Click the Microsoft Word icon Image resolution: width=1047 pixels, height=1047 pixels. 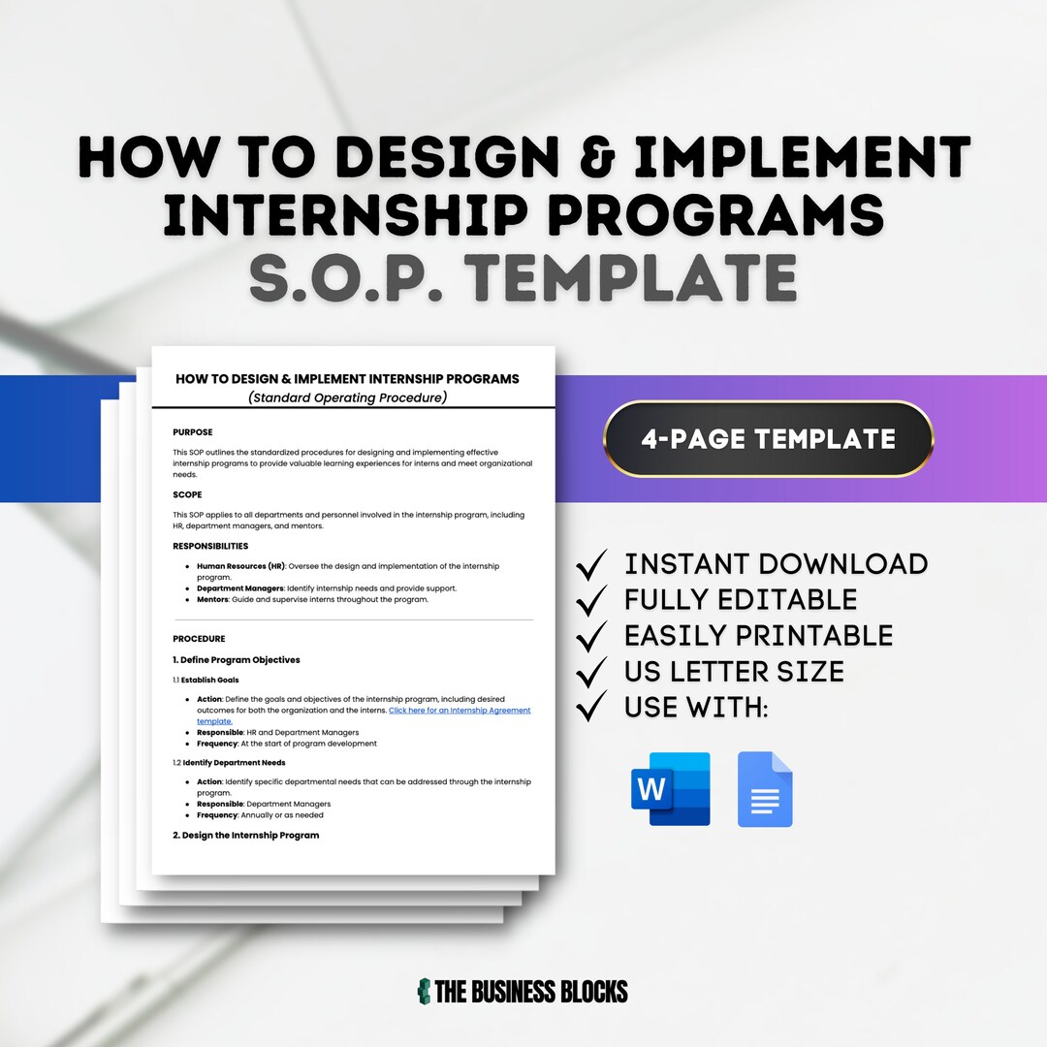click(x=671, y=788)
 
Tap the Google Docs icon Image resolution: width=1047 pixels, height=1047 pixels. click(x=765, y=789)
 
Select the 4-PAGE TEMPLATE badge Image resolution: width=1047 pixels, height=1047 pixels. click(x=768, y=439)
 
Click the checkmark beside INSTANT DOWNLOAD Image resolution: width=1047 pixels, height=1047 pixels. click(x=591, y=563)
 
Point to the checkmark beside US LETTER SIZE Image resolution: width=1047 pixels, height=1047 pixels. click(x=591, y=671)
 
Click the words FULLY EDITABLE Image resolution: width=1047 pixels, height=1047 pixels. click(x=741, y=599)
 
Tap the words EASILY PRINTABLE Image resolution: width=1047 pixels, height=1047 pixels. click(x=758, y=635)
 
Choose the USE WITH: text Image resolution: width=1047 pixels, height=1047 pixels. click(x=696, y=707)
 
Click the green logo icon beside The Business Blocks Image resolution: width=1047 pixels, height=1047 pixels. click(x=424, y=991)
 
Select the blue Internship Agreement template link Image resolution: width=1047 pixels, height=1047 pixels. click(x=460, y=711)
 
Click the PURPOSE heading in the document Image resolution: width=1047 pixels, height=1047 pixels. click(x=193, y=432)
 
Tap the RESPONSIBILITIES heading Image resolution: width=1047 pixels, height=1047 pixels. click(x=210, y=546)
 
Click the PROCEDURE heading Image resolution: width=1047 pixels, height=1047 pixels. click(x=199, y=639)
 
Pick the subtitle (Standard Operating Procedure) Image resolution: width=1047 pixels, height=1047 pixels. click(x=347, y=397)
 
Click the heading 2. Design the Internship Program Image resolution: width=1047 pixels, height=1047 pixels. click(x=245, y=835)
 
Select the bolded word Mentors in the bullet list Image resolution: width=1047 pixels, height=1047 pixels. click(x=211, y=599)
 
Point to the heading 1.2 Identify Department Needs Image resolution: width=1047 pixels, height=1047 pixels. click(x=229, y=763)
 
